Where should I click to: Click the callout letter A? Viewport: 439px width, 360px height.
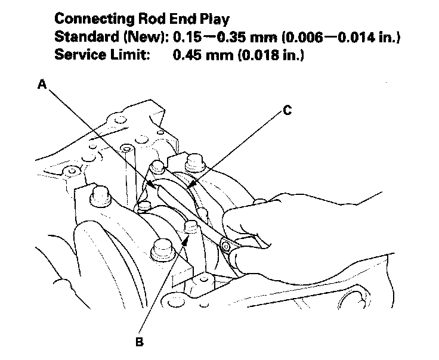[x=42, y=85]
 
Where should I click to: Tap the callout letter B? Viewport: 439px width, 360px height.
[x=139, y=343]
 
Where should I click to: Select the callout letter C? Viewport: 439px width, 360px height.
[x=287, y=110]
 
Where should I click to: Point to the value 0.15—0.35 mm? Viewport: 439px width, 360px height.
[x=219, y=37]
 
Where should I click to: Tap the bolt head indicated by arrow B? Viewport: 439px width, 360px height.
[x=191, y=226]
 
